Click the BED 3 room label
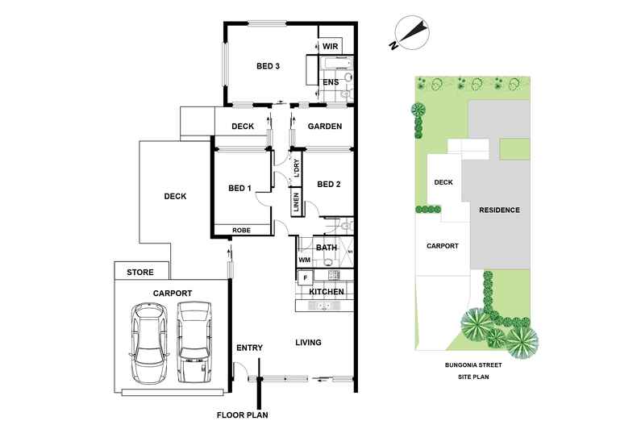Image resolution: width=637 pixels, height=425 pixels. pos(268,66)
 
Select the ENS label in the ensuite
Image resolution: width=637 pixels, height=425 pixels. pos(331,81)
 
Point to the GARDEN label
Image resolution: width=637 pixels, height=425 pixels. pos(326,127)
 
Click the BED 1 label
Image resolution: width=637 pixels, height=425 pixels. pos(240,188)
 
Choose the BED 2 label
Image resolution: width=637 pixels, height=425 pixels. pos(329,184)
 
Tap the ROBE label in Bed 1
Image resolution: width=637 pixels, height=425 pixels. pos(241,231)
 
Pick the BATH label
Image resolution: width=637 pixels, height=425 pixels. pos(326,248)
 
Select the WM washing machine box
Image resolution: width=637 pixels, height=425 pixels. pos(304,260)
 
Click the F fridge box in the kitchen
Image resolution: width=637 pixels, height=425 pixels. pos(305,277)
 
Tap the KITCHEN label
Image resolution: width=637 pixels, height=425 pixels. pos(327,291)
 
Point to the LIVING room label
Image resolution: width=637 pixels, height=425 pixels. pos(307,343)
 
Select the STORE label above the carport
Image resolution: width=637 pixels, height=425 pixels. pos(141,273)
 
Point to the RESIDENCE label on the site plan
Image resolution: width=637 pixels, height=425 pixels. pos(500,210)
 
